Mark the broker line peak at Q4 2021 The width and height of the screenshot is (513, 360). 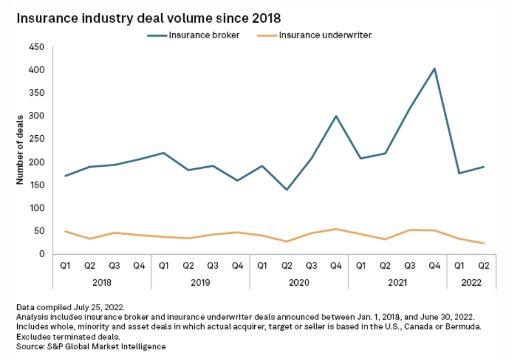434,69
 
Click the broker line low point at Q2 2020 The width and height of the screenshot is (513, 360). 286,189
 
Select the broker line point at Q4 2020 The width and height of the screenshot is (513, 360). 336,116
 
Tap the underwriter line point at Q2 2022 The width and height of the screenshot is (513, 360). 484,243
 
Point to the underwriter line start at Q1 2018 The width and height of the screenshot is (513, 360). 65,231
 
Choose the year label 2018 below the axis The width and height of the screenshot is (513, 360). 102,282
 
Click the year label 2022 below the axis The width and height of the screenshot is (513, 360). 471,282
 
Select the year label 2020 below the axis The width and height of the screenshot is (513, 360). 299,282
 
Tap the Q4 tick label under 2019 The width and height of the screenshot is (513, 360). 237,266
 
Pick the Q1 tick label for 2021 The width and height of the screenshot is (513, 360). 361,266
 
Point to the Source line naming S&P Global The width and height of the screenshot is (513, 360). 91,347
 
